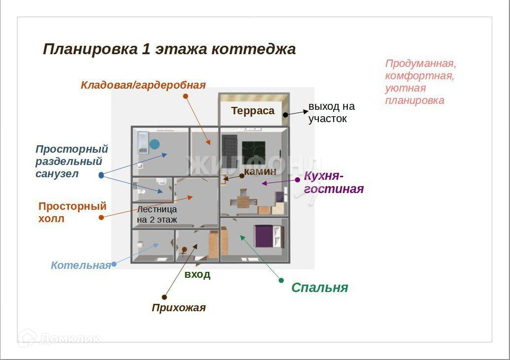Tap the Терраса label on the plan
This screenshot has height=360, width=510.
coord(253,111)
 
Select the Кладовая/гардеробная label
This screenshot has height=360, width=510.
coord(143,85)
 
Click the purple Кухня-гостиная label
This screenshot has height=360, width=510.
coord(334,182)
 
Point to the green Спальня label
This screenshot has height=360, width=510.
coord(319,288)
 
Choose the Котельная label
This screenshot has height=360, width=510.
coord(81,265)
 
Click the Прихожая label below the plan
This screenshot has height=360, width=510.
coord(178,308)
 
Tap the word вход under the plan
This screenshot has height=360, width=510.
coord(197,275)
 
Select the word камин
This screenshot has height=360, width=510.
coord(259,172)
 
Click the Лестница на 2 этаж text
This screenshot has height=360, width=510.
coord(157,214)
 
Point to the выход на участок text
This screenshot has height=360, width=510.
coord(331,113)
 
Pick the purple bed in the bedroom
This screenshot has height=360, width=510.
coord(264,235)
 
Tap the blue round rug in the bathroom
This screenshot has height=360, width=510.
coord(155,144)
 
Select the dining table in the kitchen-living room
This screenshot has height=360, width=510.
coord(244,202)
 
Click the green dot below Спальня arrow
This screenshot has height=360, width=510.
coord(281,280)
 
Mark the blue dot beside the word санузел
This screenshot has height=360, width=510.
coord(101,175)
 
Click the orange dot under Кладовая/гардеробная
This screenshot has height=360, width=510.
coord(185,96)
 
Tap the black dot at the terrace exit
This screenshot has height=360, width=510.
coord(285,114)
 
